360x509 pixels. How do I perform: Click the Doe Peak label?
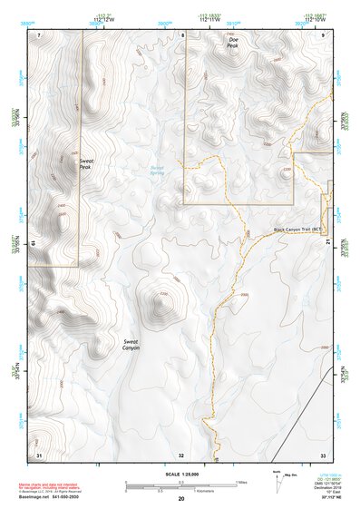point(233,43)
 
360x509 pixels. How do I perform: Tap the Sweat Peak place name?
point(86,164)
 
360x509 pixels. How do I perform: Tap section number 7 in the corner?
point(39,34)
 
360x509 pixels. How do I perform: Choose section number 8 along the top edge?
point(182,34)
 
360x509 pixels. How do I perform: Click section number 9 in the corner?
point(324,34)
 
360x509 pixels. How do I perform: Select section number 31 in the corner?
point(39,454)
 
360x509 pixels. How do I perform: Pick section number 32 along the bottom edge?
point(181,454)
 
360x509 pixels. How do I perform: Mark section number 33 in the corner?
point(323,454)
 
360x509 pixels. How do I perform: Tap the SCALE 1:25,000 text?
point(180,474)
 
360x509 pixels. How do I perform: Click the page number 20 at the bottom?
point(180,499)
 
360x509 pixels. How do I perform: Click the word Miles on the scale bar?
point(240,482)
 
